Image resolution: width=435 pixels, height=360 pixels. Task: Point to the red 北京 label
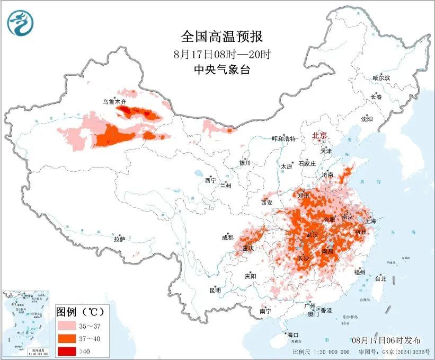coord(320,135)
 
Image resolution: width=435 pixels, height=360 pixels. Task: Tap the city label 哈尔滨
coord(381,78)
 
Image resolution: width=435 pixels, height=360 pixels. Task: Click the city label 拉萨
coord(119,239)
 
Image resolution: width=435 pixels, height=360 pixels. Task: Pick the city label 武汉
coord(313,234)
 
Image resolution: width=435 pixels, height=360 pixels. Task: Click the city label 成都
coord(227,238)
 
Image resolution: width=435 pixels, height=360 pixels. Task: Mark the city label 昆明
coord(215,290)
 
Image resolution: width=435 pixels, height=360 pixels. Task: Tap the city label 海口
coord(293,335)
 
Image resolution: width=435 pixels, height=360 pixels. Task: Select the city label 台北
coord(380,278)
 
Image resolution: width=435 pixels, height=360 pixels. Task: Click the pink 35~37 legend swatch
coord(66,324)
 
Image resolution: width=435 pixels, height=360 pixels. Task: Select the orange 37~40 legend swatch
coord(66,337)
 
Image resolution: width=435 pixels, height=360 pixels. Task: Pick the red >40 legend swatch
coord(66,349)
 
